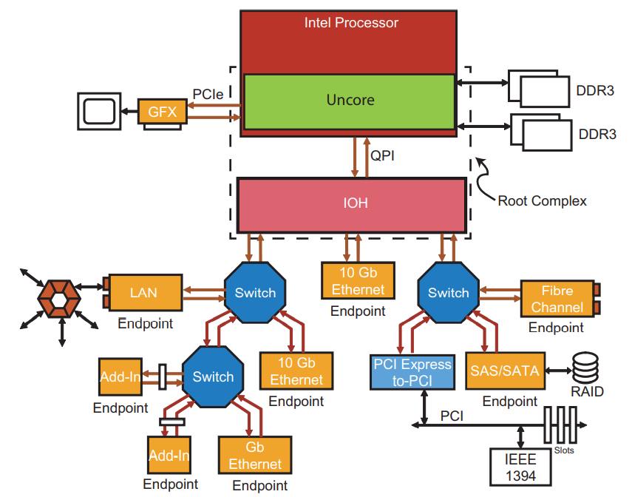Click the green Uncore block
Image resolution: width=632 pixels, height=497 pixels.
[350, 101]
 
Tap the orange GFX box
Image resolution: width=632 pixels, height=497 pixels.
[163, 112]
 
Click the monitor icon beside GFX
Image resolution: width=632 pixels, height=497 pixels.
[99, 112]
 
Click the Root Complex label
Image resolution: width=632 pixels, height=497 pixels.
[542, 200]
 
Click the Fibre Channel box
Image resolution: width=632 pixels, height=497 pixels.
[557, 298]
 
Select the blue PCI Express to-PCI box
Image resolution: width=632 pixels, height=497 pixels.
[412, 371]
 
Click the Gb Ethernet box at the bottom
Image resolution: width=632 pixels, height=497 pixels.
[254, 456]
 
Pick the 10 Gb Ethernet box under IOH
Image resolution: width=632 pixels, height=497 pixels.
[358, 280]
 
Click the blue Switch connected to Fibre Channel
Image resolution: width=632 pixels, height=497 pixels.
[448, 292]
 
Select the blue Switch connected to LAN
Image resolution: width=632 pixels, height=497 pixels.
[255, 293]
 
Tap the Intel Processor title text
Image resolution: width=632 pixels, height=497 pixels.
[351, 23]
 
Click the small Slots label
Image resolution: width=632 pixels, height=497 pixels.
[563, 450]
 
